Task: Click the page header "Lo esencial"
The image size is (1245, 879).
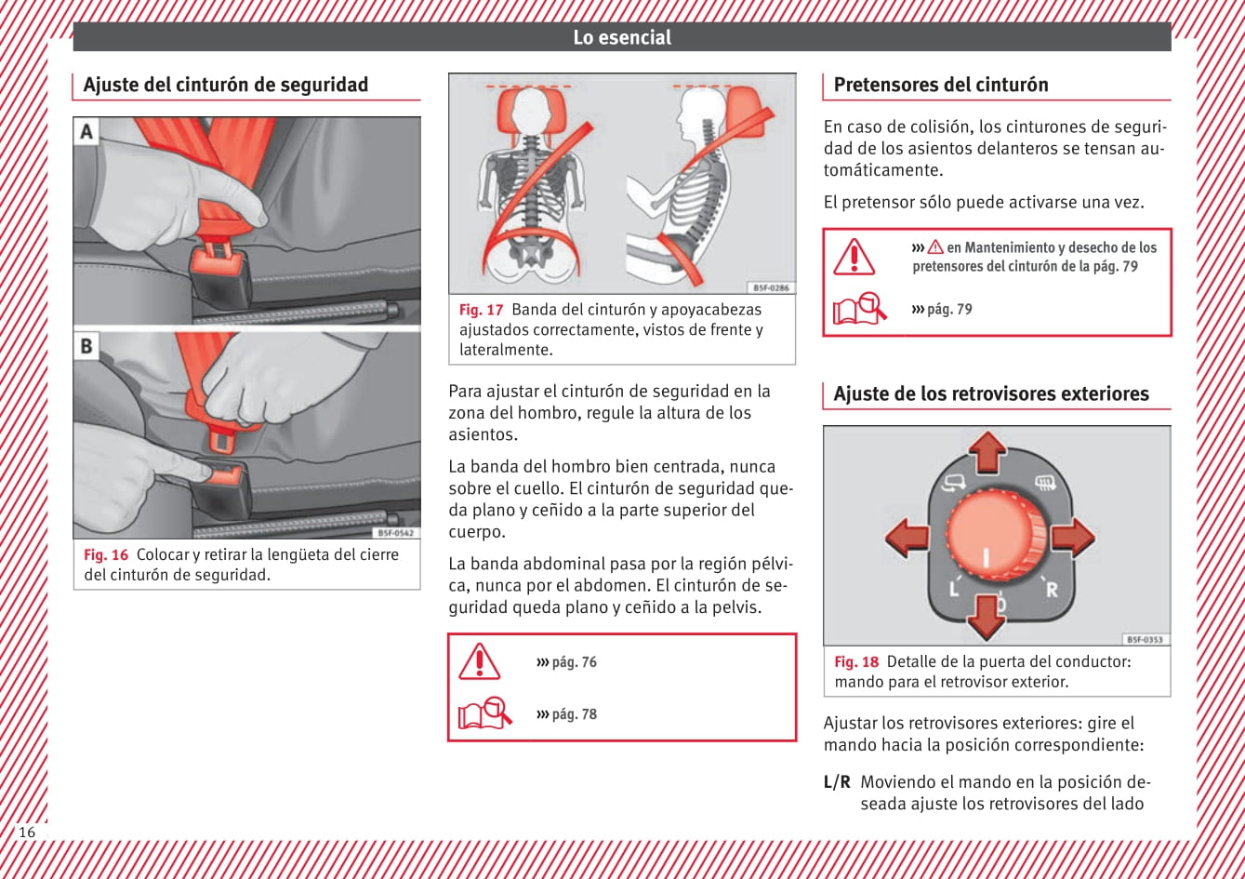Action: pyautogui.click(x=621, y=37)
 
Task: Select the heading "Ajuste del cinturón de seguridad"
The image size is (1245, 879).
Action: pyautogui.click(x=225, y=85)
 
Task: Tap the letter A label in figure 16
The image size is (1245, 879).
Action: pyautogui.click(x=86, y=131)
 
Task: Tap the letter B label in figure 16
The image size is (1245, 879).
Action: pyautogui.click(x=86, y=346)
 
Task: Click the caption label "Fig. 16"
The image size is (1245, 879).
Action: pyautogui.click(x=106, y=555)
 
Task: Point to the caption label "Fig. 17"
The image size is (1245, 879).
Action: pyautogui.click(x=481, y=311)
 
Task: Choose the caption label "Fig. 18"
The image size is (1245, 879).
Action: pyautogui.click(x=855, y=662)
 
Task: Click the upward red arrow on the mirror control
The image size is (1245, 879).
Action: pyautogui.click(x=987, y=452)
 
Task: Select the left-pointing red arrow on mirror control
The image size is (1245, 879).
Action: pyautogui.click(x=907, y=538)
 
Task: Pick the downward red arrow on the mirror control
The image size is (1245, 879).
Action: pyautogui.click(x=986, y=616)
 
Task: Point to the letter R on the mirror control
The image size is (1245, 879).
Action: pyautogui.click(x=1052, y=589)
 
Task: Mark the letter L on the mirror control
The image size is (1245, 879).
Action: pyautogui.click(x=953, y=589)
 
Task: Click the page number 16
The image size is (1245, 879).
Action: pyautogui.click(x=27, y=832)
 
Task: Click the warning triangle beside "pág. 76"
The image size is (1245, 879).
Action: pyautogui.click(x=480, y=661)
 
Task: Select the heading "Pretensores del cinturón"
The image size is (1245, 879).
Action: pyautogui.click(x=940, y=85)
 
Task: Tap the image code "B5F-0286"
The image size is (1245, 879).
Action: pyautogui.click(x=771, y=288)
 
